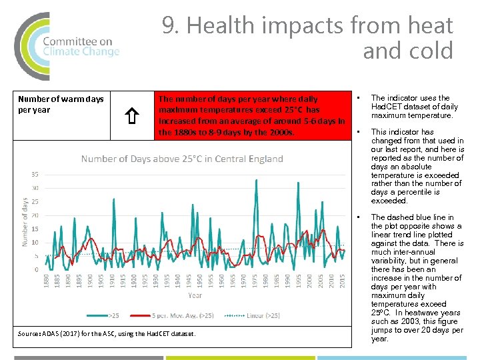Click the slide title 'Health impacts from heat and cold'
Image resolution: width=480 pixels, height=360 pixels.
point(307,38)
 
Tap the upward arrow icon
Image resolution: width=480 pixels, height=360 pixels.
point(131,118)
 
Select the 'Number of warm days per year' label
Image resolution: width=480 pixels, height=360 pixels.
point(61,105)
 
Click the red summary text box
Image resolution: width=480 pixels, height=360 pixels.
point(251,115)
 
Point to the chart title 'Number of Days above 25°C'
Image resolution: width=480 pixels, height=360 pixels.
point(182,159)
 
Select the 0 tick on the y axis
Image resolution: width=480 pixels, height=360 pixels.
point(36,270)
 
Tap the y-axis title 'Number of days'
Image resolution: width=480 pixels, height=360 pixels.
point(25,222)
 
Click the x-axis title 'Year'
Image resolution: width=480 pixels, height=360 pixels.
point(195,295)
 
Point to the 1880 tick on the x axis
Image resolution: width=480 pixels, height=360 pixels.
point(47,282)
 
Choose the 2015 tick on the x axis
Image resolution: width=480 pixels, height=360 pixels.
point(343,282)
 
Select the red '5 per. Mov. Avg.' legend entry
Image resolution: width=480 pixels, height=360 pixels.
point(173,315)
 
